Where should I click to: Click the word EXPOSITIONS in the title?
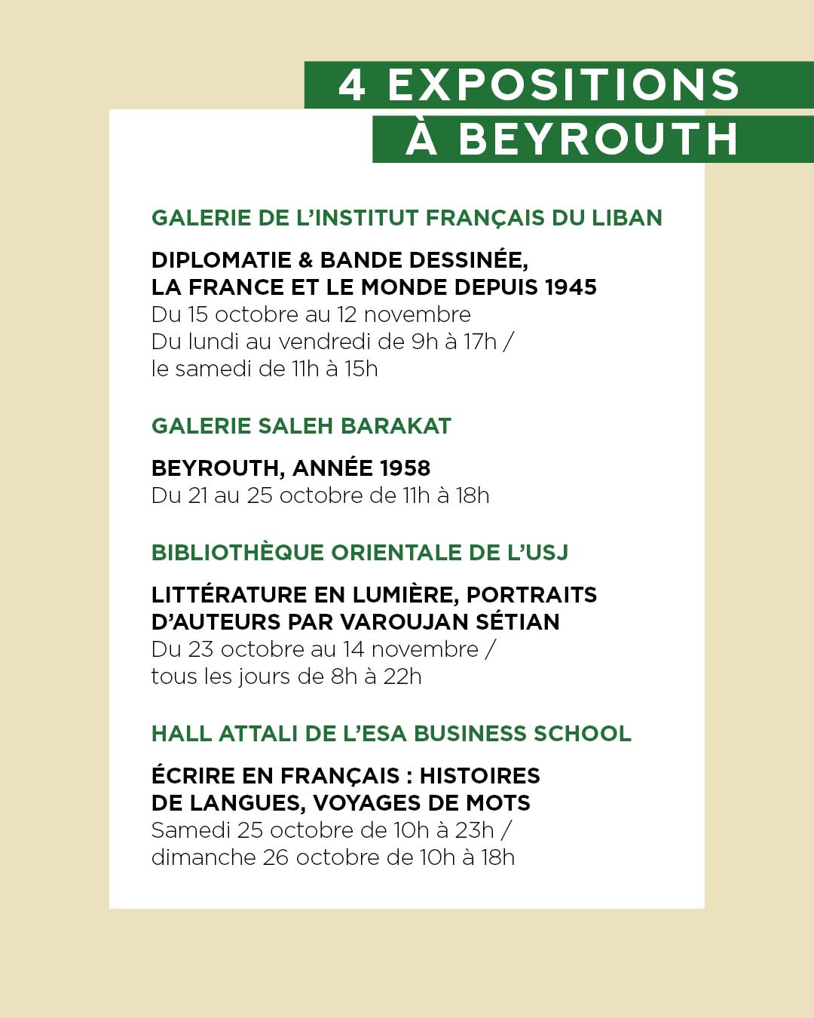tap(563, 84)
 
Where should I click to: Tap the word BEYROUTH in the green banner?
tap(598, 140)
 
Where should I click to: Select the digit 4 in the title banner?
tap(352, 84)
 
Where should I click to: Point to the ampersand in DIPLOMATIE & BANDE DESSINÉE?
tap(305, 260)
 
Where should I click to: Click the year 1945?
tap(571, 287)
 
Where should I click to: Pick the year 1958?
tap(405, 468)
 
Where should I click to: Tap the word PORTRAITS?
tap(531, 595)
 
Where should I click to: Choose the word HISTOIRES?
tap(479, 776)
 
